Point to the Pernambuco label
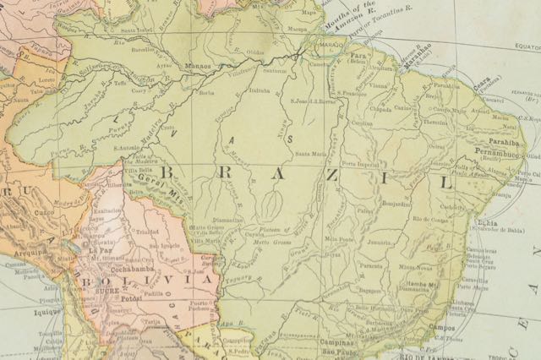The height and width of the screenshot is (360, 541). pyautogui.click(x=501, y=156)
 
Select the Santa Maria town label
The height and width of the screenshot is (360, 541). pyautogui.click(x=308, y=153)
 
